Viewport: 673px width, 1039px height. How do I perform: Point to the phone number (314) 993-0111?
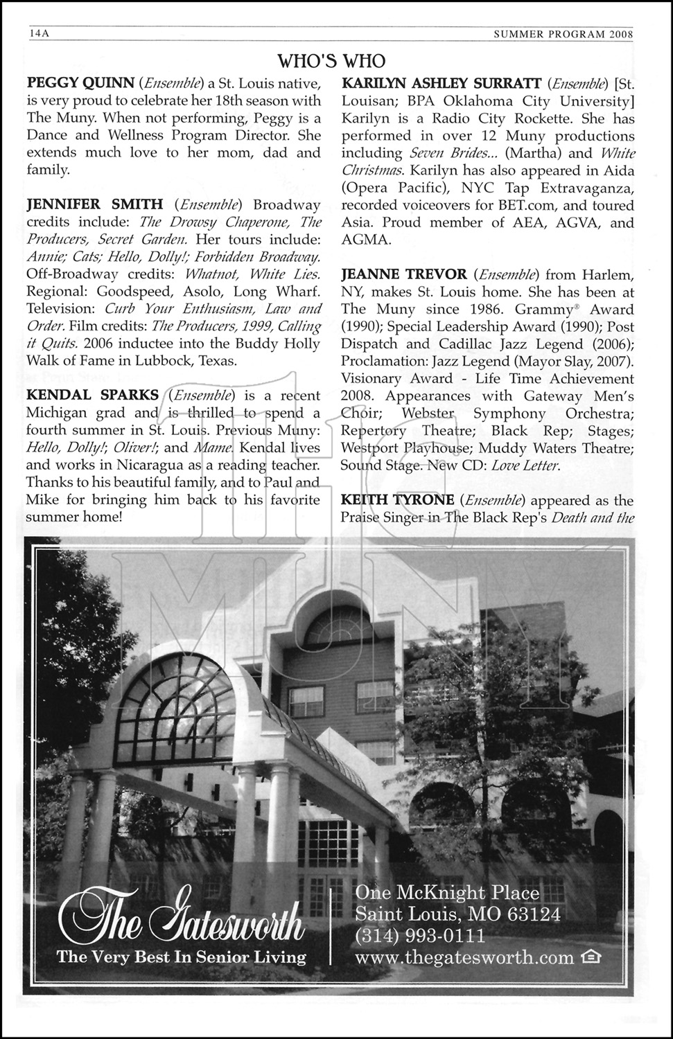click(x=420, y=936)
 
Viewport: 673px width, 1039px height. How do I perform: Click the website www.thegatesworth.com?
click(x=464, y=957)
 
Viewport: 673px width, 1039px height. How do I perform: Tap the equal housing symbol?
click(x=591, y=957)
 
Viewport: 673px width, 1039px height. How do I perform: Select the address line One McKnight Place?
click(x=447, y=892)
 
